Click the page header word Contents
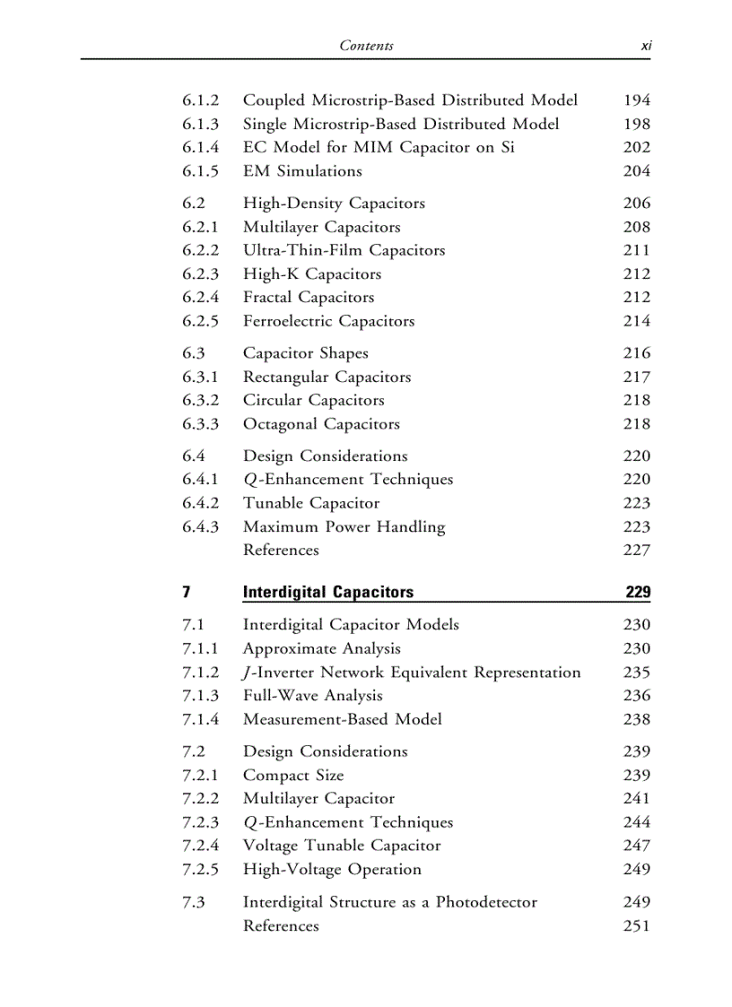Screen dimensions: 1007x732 pyautogui.click(x=366, y=45)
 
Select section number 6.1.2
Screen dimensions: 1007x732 pyautogui.click(x=200, y=100)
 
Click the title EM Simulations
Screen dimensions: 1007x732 pyautogui.click(x=302, y=171)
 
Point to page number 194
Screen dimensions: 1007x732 pyautogui.click(x=636, y=100)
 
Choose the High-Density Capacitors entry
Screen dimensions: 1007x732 pyautogui.click(x=334, y=204)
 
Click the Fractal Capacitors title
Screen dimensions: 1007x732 pyautogui.click(x=308, y=298)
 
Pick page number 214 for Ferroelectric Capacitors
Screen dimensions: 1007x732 pyautogui.click(x=636, y=321)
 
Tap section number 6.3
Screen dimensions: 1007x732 pyautogui.click(x=193, y=353)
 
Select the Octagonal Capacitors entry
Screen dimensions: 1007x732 pyautogui.click(x=321, y=424)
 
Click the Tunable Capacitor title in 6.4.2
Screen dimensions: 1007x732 pyautogui.click(x=311, y=503)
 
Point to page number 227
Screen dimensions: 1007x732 pyautogui.click(x=636, y=551)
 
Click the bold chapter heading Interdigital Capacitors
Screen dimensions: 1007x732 pyautogui.click(x=328, y=592)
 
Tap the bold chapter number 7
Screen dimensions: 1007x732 pyautogui.click(x=186, y=592)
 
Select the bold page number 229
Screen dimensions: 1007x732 pyautogui.click(x=638, y=592)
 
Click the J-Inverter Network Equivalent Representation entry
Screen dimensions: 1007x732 pyautogui.click(x=412, y=673)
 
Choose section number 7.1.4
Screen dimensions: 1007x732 pyautogui.click(x=200, y=719)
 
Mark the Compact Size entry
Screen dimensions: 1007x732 pyautogui.click(x=293, y=776)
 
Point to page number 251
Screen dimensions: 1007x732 pyautogui.click(x=636, y=925)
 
